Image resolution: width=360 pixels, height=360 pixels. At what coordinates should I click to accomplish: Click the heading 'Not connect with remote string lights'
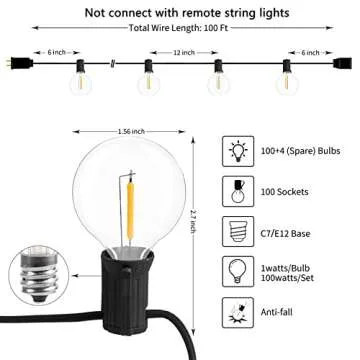point(180,12)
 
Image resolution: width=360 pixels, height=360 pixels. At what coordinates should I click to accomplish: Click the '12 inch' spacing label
point(181,51)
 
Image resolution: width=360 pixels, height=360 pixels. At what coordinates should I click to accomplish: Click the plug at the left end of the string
point(12,66)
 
